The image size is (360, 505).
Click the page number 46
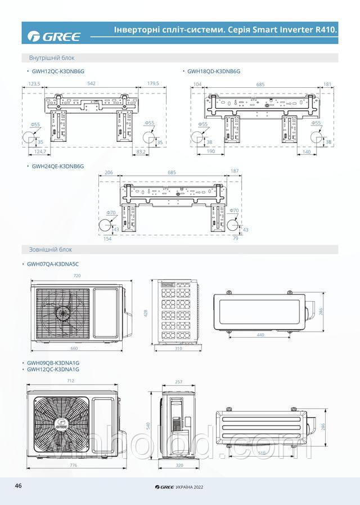coord(18,485)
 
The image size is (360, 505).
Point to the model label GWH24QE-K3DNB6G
coord(58,166)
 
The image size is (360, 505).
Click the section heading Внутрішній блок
coord(52,58)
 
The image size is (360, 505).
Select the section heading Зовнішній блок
coord(51,249)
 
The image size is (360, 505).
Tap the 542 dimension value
coord(92,83)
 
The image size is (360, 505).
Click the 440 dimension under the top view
coord(261,335)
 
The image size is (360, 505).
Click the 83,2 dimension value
coord(141,151)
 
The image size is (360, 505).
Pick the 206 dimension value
coord(109,172)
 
